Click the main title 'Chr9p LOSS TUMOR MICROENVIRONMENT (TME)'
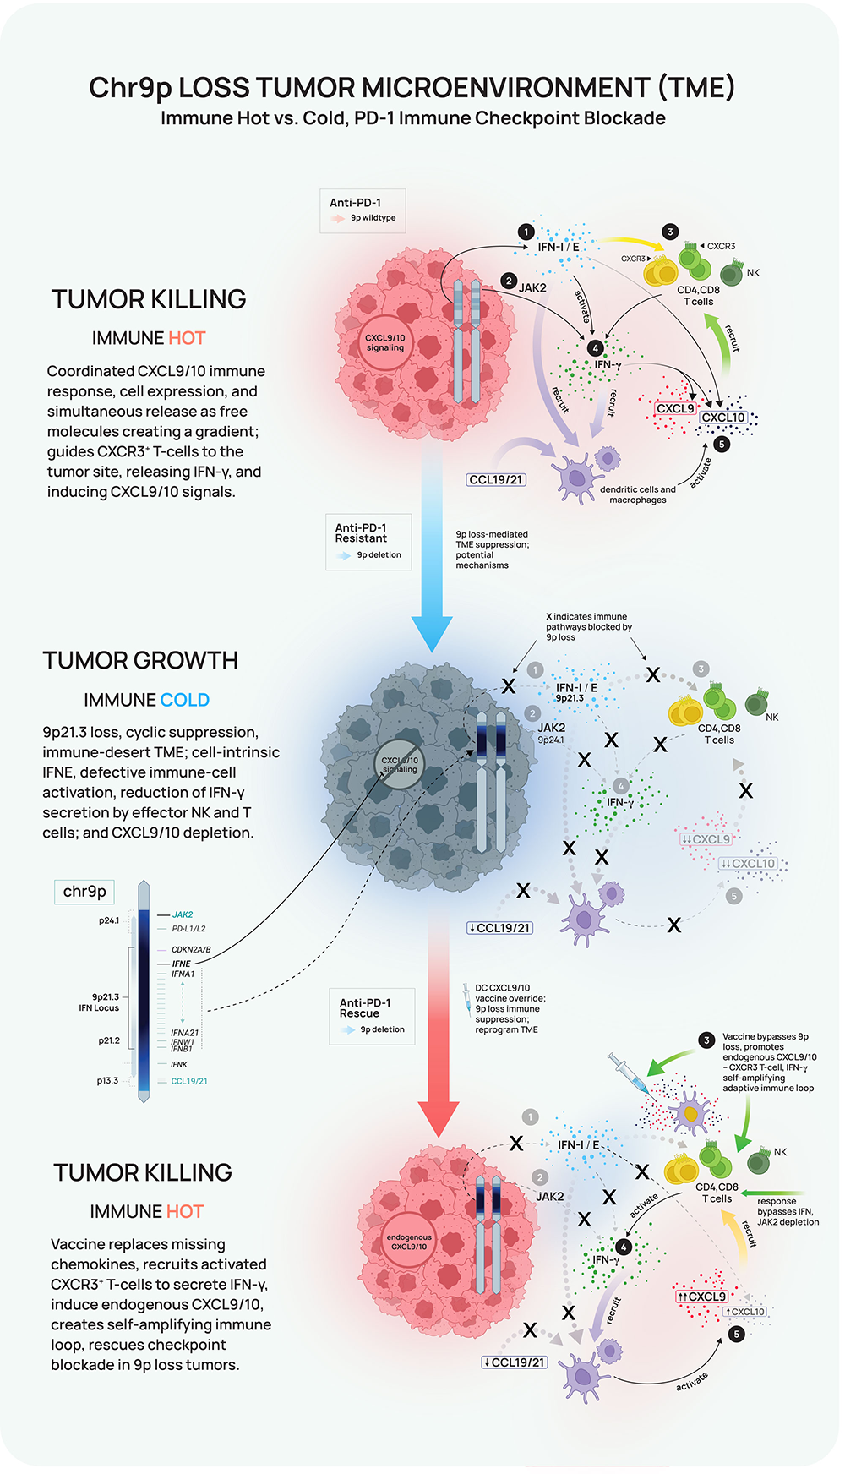point(412,88)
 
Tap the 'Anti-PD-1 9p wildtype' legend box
point(363,210)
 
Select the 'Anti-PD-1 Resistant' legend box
point(368,542)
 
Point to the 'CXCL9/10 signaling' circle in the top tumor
point(384,342)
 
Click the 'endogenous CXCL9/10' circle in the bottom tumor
point(409,1242)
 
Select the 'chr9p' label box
point(84,892)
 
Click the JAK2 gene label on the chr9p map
point(183,914)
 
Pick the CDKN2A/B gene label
point(191,950)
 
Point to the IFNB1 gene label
point(182,1049)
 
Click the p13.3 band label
point(107,1081)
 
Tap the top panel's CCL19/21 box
point(496,480)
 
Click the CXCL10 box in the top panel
point(723,418)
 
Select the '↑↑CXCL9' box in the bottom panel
point(701,1297)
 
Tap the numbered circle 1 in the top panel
point(526,232)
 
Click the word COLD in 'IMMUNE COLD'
point(184,701)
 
